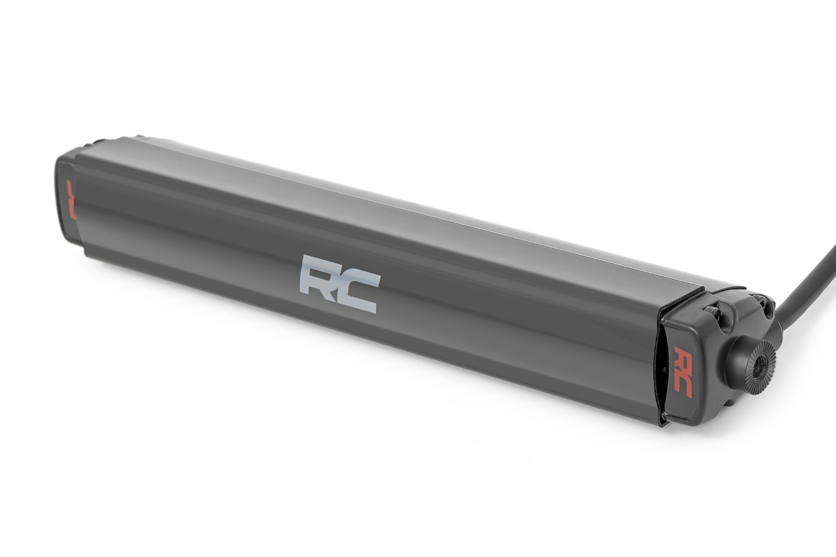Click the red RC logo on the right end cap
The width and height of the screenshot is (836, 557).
click(683, 371)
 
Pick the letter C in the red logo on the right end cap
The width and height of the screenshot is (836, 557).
click(684, 385)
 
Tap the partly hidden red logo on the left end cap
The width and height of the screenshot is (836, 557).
click(71, 200)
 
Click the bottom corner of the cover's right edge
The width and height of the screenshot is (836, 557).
click(660, 422)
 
